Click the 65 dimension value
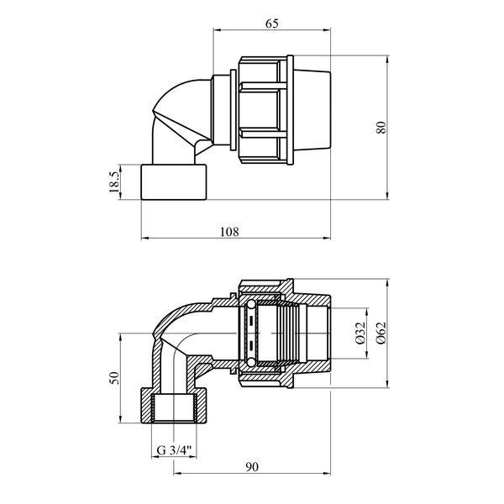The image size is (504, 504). point(272,24)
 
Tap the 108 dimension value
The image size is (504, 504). point(229,232)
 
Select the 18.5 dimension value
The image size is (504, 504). point(114,182)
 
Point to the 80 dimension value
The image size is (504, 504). point(381,128)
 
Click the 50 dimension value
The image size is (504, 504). point(114,378)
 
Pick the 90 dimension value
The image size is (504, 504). point(252,467)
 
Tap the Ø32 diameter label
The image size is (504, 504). point(361,333)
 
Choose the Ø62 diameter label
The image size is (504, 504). point(381,333)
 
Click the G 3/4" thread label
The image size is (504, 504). point(174,450)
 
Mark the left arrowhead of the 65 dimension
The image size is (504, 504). point(217,30)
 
